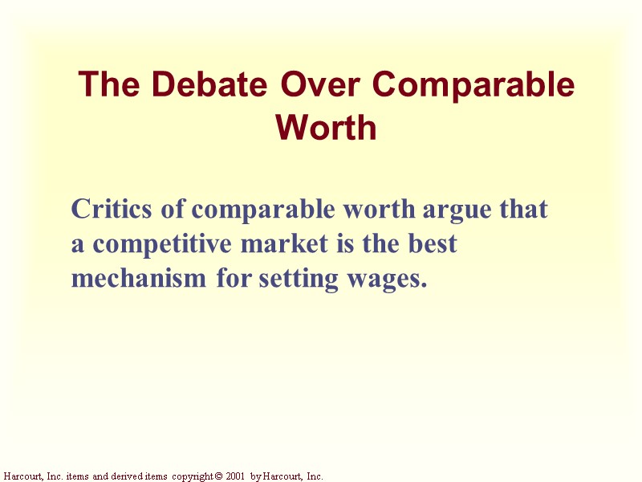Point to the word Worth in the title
point(326,128)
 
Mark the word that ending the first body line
point(523,210)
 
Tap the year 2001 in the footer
point(234,476)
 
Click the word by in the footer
point(256,476)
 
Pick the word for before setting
point(234,279)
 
